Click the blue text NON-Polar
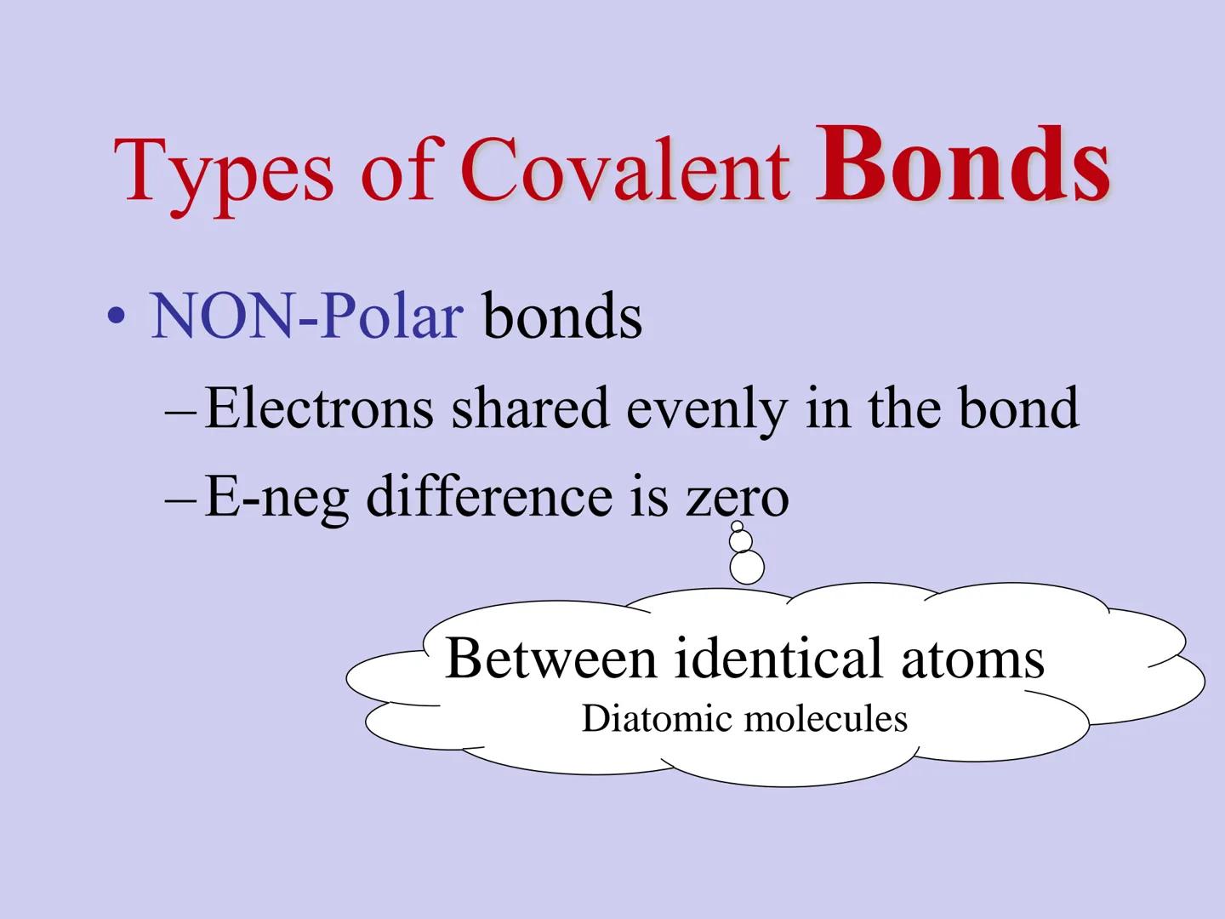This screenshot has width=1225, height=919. click(x=306, y=317)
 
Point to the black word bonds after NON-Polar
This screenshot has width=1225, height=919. click(x=562, y=317)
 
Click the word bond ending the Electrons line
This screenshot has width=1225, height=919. click(x=1019, y=408)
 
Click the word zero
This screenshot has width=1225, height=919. click(x=738, y=497)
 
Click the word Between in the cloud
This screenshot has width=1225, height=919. click(x=551, y=658)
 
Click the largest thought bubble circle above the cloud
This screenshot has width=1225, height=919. click(x=747, y=567)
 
